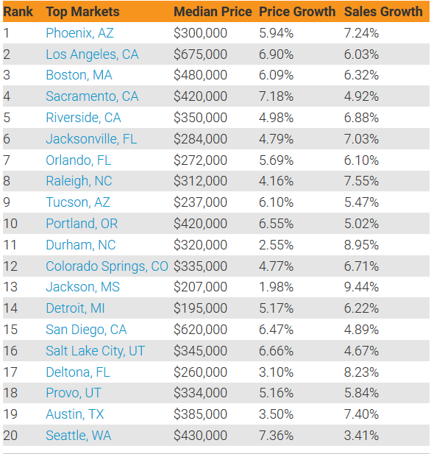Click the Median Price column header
pos(213,12)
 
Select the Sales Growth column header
pos(383,12)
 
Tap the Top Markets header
pos(83,12)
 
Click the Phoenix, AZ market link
pos(79,33)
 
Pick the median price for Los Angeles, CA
pos(200,54)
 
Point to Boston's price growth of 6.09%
pos(276,75)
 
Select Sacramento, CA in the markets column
pos(92,96)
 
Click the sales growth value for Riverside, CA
pos(361,118)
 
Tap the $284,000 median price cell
pos(200,139)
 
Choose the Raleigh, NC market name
pos(79,181)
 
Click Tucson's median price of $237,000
pos(200,202)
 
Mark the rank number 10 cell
pos(10,224)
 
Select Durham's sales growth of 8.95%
pos(361,245)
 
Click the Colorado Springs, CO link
pos(107,266)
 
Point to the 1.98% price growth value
pos(276,287)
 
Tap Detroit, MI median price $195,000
pos(200,308)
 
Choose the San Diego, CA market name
pos(86,330)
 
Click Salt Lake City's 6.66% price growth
pos(276,351)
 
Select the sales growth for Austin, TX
pos(361,414)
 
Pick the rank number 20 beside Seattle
pos(10,436)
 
